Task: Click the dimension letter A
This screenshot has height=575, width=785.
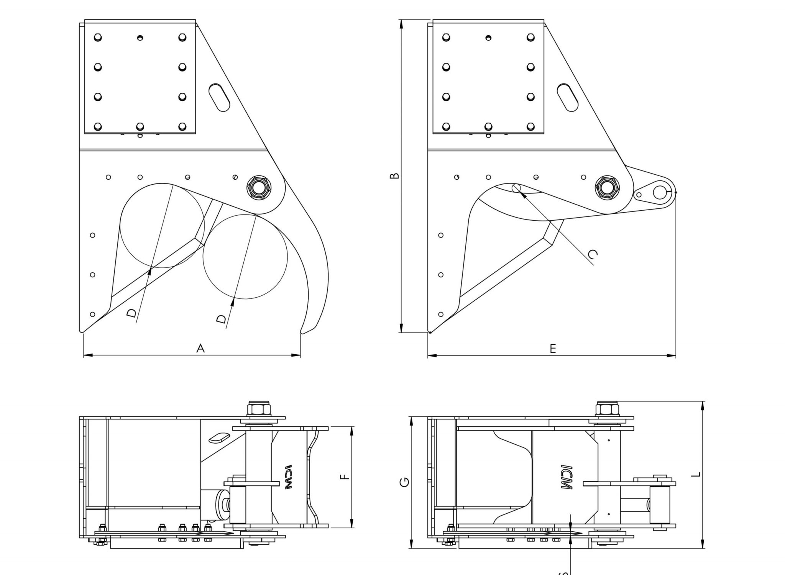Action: pyautogui.click(x=200, y=348)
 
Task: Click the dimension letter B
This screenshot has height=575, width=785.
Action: pyautogui.click(x=394, y=176)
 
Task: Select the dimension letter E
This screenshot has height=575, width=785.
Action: pyautogui.click(x=552, y=348)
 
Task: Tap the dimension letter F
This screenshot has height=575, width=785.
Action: pyautogui.click(x=345, y=477)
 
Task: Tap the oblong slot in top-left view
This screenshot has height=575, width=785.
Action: pyautogui.click(x=219, y=98)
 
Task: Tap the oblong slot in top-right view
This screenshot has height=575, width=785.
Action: pyautogui.click(x=567, y=98)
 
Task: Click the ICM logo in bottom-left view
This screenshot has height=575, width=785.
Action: pyautogui.click(x=289, y=477)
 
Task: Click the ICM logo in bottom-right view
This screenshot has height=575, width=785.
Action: pyautogui.click(x=567, y=477)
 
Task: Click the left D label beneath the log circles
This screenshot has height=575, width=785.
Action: pyautogui.click(x=131, y=313)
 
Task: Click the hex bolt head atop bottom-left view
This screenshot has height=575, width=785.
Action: pyautogui.click(x=259, y=408)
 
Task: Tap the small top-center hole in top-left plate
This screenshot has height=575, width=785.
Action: pyautogui.click(x=140, y=38)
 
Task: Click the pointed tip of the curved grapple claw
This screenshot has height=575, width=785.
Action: pyautogui.click(x=302, y=333)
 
